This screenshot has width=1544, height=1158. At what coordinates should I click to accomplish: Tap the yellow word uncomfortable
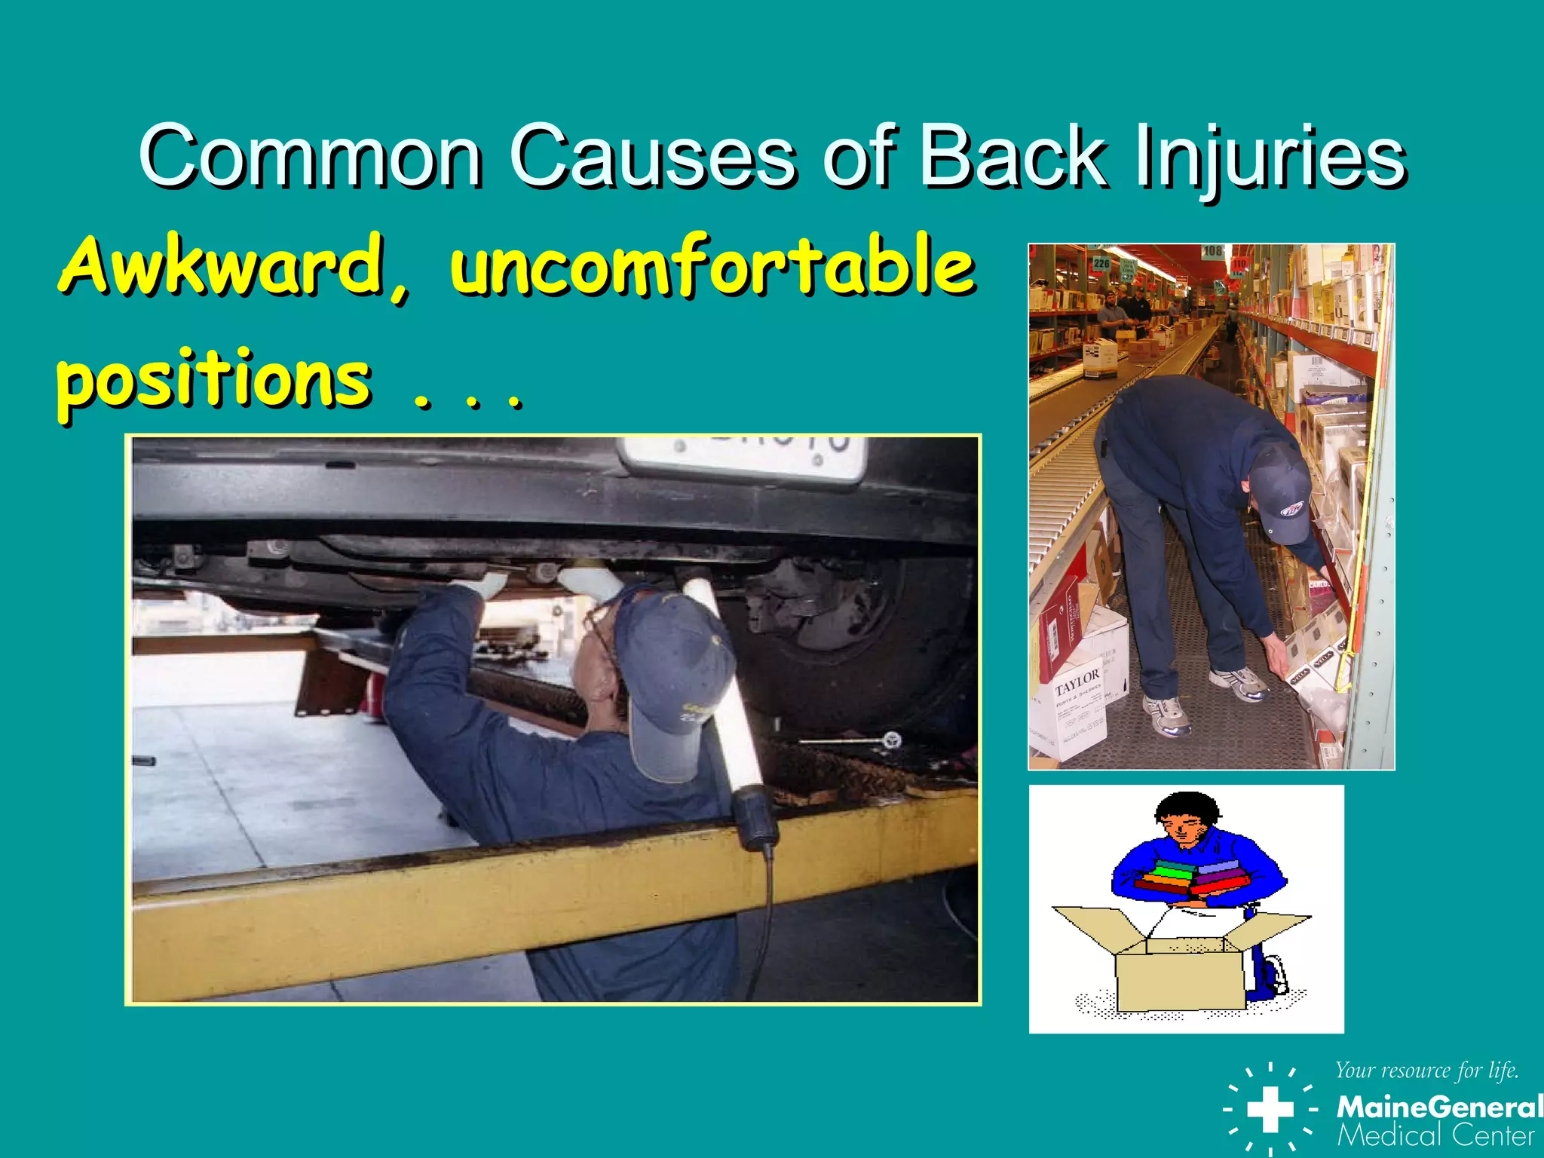pos(712,265)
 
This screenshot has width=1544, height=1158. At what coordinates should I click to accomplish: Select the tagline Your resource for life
pos(1426,1071)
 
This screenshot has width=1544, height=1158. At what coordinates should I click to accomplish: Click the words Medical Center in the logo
pos(1435,1135)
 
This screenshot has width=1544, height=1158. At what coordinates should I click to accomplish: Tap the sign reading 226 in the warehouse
pos(1101,263)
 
